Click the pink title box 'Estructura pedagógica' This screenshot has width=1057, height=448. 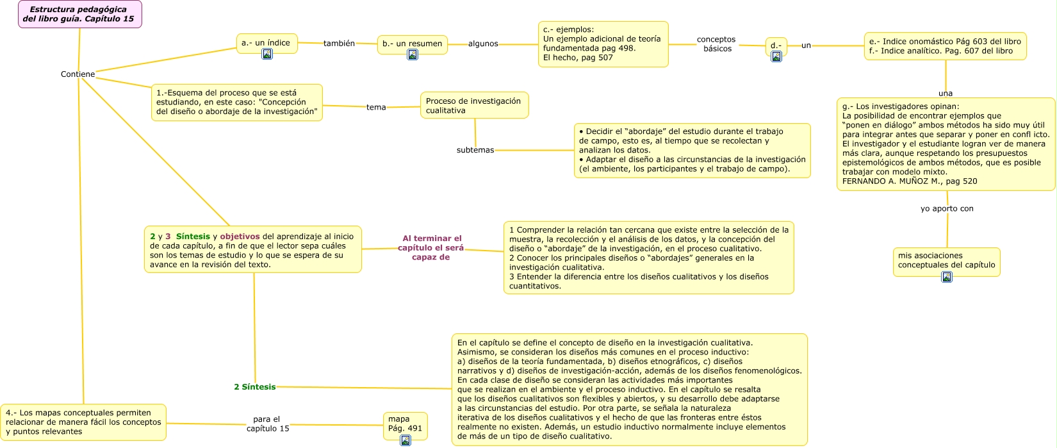(79, 14)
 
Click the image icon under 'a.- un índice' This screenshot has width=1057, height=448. (267, 54)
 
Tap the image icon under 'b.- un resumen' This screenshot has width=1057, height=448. (413, 54)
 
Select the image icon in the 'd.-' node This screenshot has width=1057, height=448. (776, 56)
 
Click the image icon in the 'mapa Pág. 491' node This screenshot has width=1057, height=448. (405, 440)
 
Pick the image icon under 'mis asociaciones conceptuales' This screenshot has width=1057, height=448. (947, 277)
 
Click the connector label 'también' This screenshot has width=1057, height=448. (339, 44)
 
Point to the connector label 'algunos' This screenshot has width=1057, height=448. (483, 44)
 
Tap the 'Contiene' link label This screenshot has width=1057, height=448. (78, 74)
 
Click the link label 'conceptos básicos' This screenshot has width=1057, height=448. (716, 44)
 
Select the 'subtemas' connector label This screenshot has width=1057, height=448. (475, 150)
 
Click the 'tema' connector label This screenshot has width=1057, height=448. (376, 107)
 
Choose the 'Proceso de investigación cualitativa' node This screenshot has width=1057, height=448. (474, 106)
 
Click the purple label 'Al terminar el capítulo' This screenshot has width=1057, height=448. (431, 247)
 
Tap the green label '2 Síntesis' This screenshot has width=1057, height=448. (255, 387)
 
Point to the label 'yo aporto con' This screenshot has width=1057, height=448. (947, 208)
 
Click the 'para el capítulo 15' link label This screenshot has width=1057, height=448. (268, 424)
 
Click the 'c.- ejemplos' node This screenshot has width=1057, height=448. (603, 44)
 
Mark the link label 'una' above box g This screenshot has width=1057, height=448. (946, 94)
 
